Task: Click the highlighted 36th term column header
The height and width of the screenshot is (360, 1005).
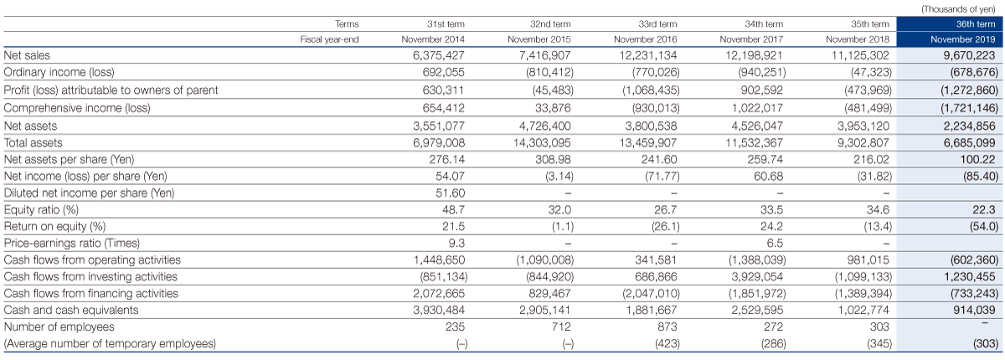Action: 976,23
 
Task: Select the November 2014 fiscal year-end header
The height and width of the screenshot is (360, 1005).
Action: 433,39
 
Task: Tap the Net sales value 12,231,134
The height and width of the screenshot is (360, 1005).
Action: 645,55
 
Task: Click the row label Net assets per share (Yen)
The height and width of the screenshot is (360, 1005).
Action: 69,160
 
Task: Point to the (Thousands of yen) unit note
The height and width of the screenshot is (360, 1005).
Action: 958,9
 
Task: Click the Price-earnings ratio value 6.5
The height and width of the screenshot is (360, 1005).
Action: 774,243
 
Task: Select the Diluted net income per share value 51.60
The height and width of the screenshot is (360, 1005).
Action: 450,193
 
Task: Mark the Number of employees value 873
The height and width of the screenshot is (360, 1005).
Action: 667,327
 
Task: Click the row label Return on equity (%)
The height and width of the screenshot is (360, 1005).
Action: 54,226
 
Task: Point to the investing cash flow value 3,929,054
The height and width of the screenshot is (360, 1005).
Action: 757,276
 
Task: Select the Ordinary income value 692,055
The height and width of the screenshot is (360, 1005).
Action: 443,72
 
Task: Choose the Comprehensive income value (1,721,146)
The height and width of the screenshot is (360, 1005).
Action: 970,108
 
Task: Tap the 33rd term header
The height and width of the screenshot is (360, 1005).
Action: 657,23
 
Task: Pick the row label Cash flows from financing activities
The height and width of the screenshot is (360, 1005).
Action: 91,294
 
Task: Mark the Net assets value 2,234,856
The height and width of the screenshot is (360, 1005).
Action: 970,126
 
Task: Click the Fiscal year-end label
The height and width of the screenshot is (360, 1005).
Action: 329,39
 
